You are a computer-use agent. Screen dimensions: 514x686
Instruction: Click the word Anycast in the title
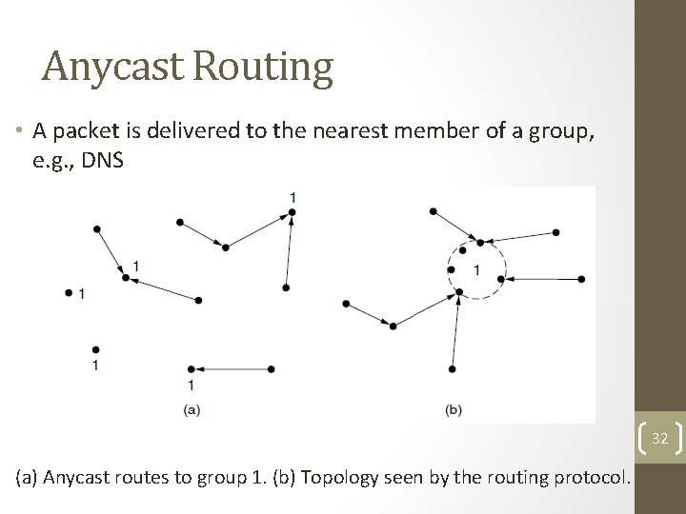coord(111,67)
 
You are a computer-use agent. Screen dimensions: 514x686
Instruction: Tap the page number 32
coord(660,438)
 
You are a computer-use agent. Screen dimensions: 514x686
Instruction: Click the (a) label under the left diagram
coord(191,409)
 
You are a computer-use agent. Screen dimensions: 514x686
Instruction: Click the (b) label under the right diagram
coord(454,409)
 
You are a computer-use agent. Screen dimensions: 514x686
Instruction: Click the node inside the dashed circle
coord(451,270)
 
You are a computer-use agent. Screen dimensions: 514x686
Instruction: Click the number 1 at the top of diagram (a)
coord(293,197)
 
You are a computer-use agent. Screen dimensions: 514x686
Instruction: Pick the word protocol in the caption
coord(593,477)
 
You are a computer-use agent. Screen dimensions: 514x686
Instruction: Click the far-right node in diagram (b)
coord(582,280)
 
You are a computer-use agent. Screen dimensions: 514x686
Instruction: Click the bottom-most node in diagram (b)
coord(452,368)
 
